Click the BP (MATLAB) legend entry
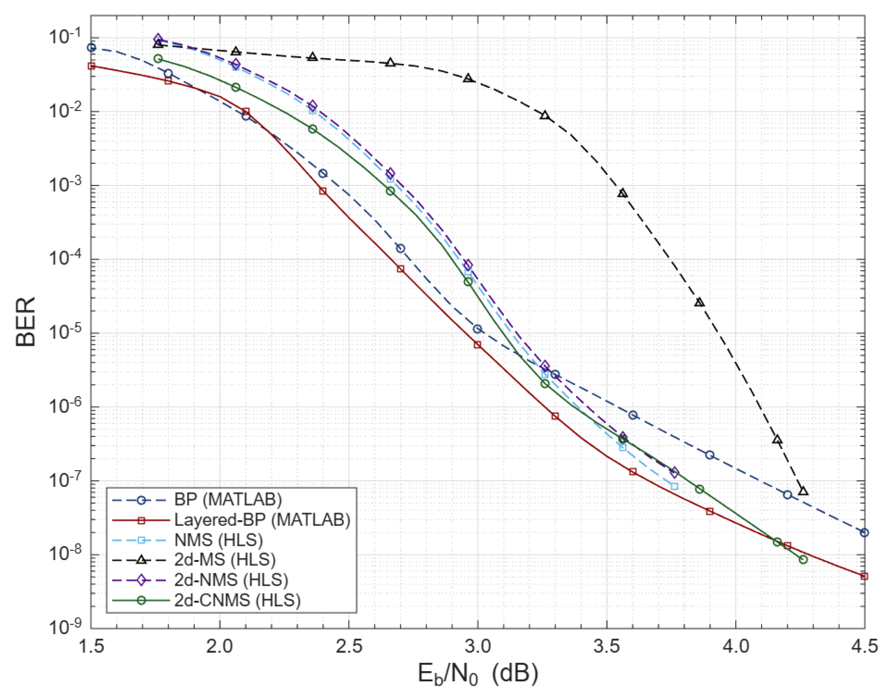click(x=228, y=500)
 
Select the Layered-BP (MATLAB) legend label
click(x=262, y=520)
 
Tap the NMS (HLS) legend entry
click(x=218, y=540)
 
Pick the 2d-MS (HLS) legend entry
click(x=225, y=559)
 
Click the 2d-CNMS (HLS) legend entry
click(x=237, y=600)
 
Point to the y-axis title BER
click(x=25, y=322)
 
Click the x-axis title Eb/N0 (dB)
click(x=477, y=674)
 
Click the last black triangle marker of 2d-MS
click(x=803, y=491)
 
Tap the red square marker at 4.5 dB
click(x=864, y=576)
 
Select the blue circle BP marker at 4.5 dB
click(x=864, y=532)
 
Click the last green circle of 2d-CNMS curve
click(x=803, y=559)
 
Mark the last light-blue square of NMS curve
click(x=674, y=486)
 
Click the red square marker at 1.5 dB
click(x=91, y=66)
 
